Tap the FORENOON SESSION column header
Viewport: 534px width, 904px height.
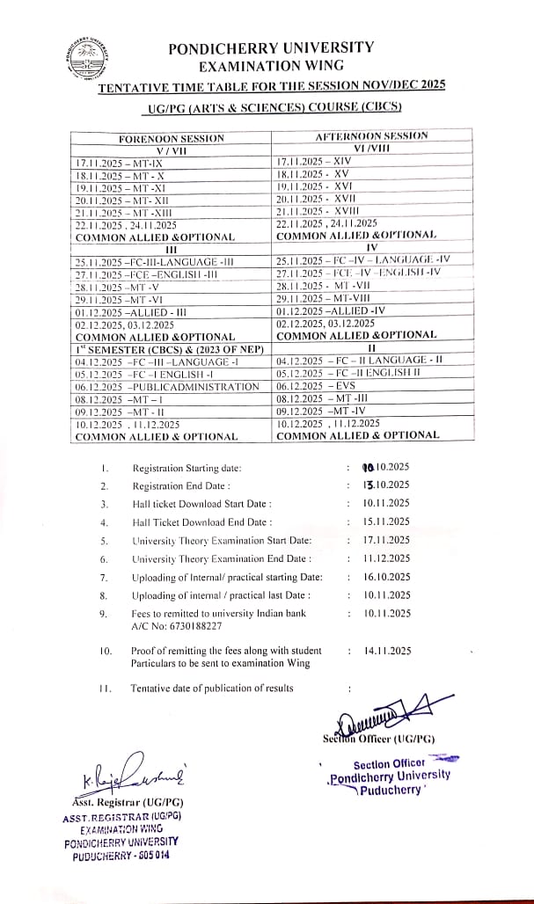[172, 138]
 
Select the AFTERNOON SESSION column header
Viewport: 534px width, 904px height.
[371, 136]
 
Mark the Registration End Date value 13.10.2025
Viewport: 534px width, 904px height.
[386, 485]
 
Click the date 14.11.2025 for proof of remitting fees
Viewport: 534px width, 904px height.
[387, 651]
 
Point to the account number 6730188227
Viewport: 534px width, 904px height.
[165, 625]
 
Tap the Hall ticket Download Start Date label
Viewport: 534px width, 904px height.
[201, 503]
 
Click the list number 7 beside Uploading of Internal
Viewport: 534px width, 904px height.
[103, 577]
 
